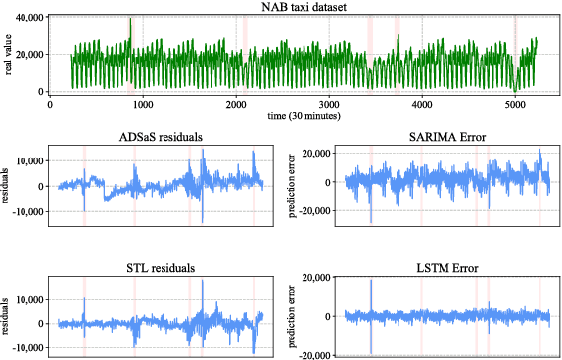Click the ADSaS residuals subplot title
click(x=154, y=136)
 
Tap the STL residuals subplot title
click(x=154, y=267)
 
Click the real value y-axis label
click(x=8, y=54)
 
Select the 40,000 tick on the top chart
click(x=26, y=18)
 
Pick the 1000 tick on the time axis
click(x=143, y=104)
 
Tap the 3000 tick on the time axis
click(x=329, y=104)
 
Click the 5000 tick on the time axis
click(x=515, y=104)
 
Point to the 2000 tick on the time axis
click(x=236, y=104)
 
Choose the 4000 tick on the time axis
click(x=422, y=104)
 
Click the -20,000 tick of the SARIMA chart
click(x=314, y=210)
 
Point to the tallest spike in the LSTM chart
click(x=371, y=282)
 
